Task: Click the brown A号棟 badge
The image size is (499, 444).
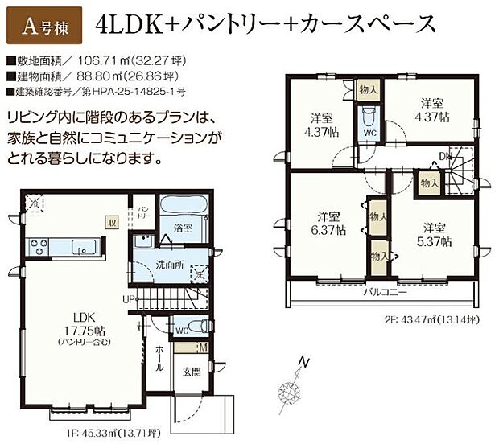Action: point(43,26)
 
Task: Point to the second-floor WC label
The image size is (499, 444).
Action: point(370,134)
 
